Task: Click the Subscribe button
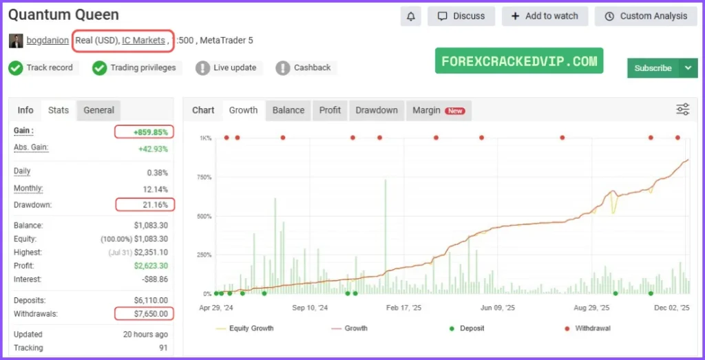[653, 67]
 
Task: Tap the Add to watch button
[545, 17]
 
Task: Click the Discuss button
[461, 17]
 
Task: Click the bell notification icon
[411, 17]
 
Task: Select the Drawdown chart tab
[376, 110]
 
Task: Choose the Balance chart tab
[288, 110]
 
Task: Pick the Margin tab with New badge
[438, 110]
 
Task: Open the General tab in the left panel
[98, 110]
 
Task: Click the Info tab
[25, 110]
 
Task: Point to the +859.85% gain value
[145, 131]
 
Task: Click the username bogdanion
[48, 41]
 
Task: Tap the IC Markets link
[143, 41]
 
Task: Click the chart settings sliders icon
[682, 109]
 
